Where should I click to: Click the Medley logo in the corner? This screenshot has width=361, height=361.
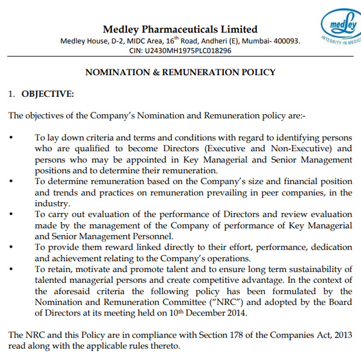[x=341, y=27]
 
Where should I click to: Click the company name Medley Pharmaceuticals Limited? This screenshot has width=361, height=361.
[x=180, y=29]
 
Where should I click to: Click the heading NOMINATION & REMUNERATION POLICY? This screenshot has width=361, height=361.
[x=180, y=72]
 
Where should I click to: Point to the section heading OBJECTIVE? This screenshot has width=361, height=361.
[x=48, y=94]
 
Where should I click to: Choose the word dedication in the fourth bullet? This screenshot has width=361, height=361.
[x=332, y=247]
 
